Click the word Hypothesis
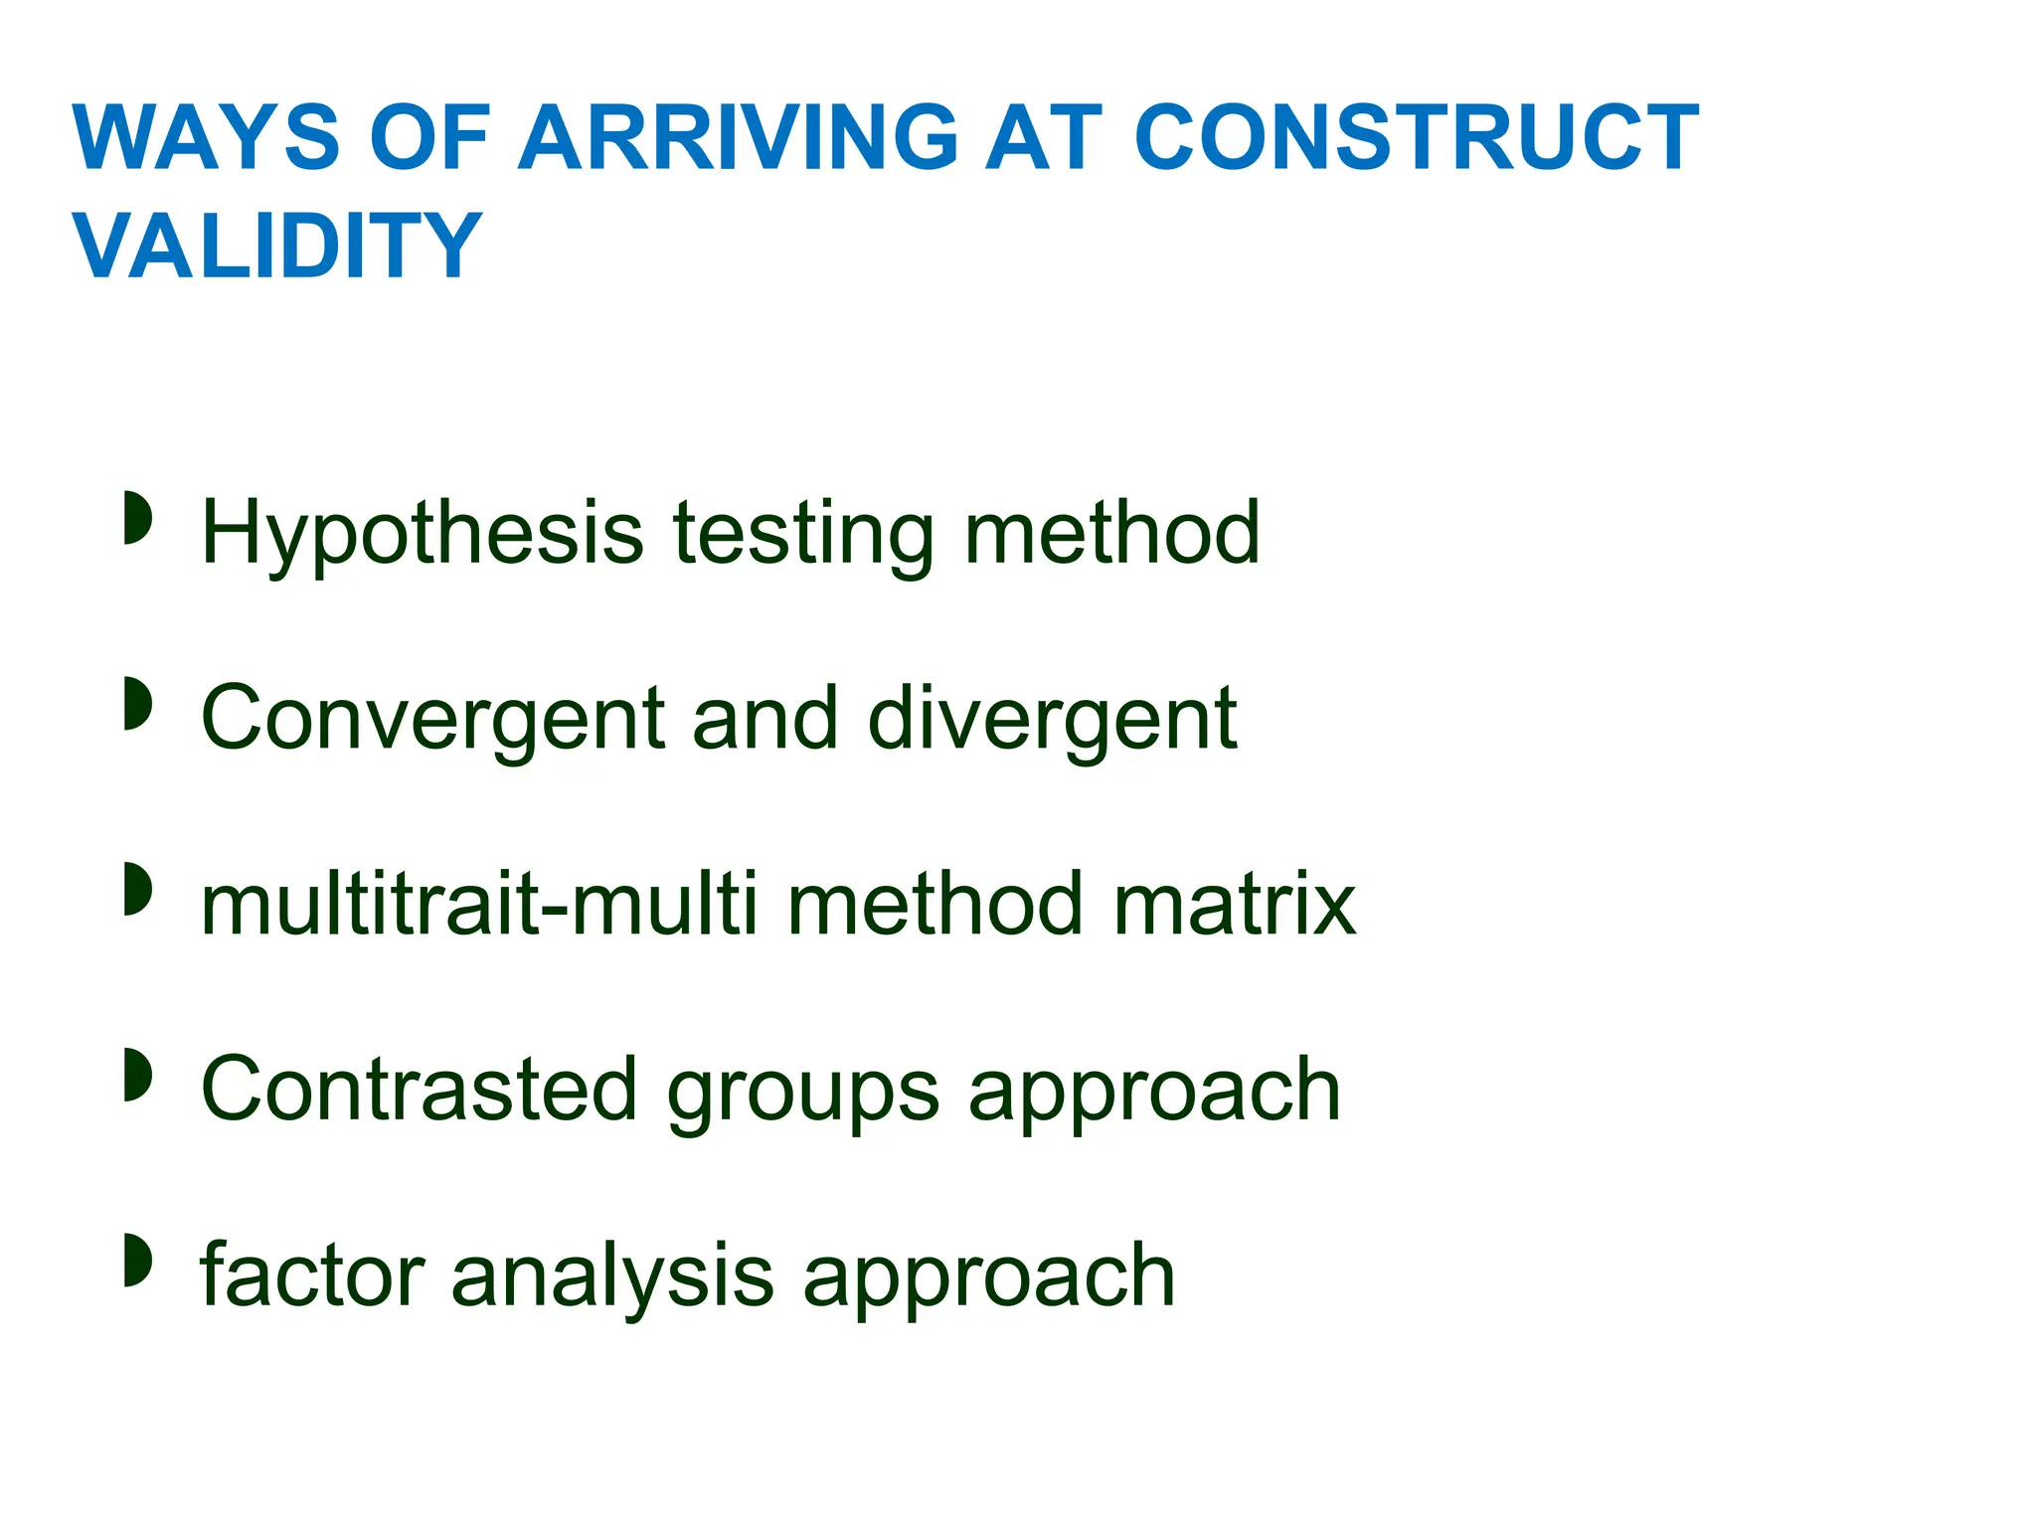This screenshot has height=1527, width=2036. pyautogui.click(x=423, y=535)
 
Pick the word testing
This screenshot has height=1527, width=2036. pyautogui.click(x=803, y=535)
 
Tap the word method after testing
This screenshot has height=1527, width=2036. pyautogui.click(x=1111, y=533)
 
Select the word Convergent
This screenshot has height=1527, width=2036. pyautogui.click(x=433, y=719)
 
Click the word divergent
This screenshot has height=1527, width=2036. pyautogui.click(x=1052, y=719)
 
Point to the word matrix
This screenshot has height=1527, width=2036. pyautogui.click(x=1235, y=905)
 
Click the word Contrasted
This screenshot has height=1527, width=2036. pyautogui.click(x=419, y=1090)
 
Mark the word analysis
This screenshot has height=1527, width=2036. pyautogui.click(x=612, y=1276)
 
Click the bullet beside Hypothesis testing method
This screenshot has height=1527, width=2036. pyautogui.click(x=137, y=518)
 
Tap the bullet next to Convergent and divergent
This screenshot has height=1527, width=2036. pyautogui.click(x=137, y=704)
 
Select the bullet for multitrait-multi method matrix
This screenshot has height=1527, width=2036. pyautogui.click(x=137, y=889)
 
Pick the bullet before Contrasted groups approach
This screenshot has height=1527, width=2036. pyautogui.click(x=137, y=1075)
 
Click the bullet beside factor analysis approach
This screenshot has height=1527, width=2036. pyautogui.click(x=137, y=1260)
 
